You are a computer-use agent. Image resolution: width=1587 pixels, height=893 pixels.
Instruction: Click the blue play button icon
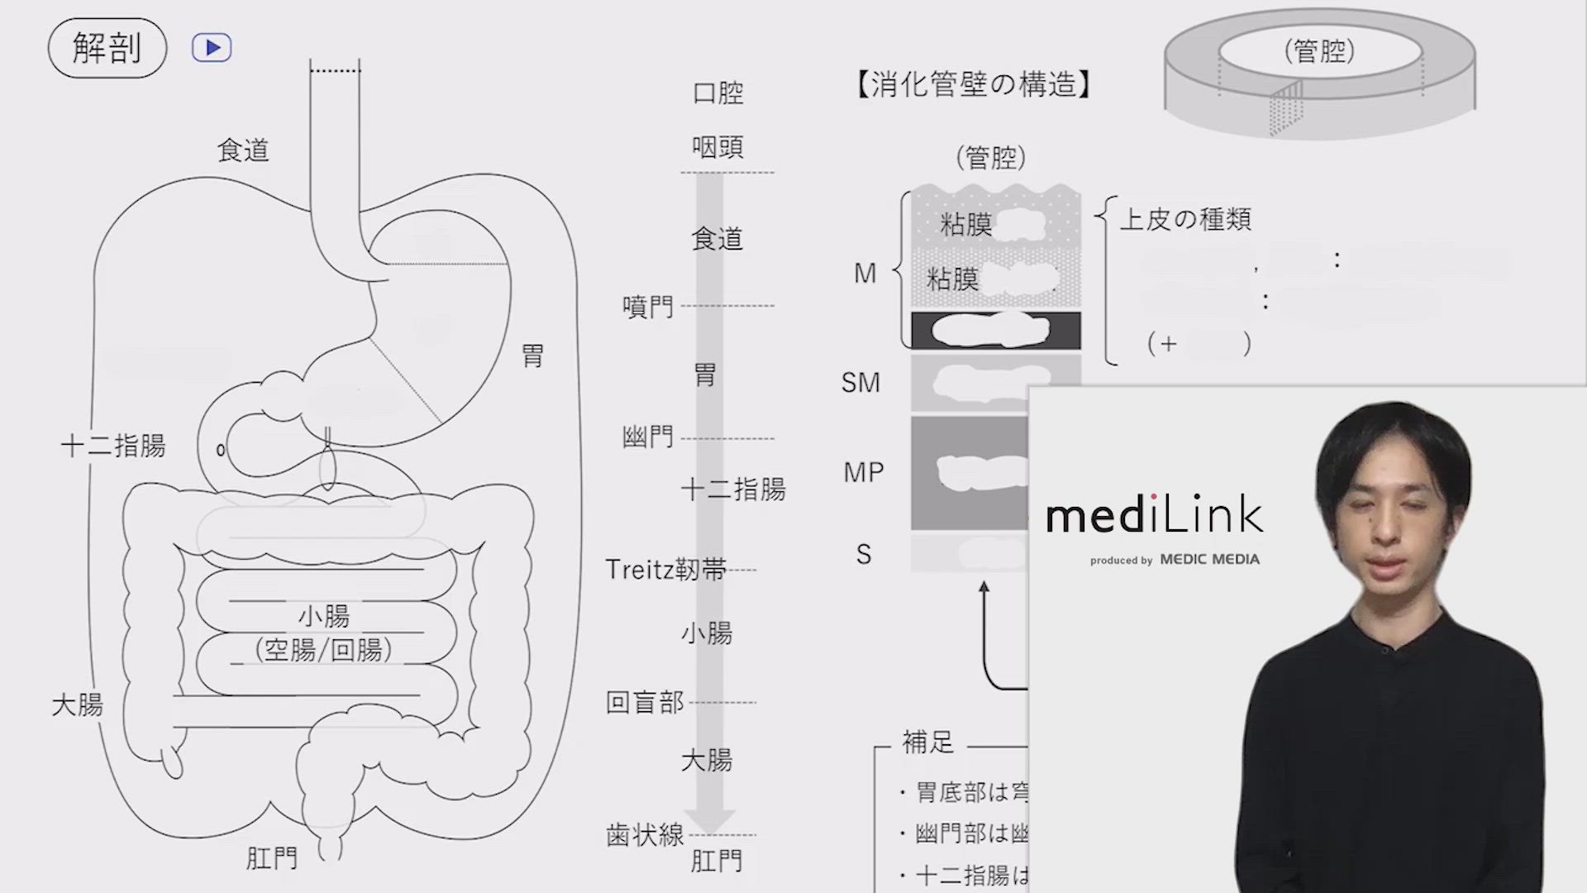(212, 48)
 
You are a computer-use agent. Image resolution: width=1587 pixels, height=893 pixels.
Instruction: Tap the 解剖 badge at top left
(107, 48)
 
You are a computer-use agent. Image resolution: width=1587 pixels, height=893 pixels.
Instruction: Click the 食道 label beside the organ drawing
(243, 150)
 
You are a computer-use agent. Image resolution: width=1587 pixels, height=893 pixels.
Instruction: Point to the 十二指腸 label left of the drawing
(113, 446)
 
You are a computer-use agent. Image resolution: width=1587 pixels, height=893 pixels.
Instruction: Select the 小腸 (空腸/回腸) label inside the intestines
(324, 633)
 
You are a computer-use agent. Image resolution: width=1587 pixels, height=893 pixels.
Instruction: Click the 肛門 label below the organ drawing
(272, 858)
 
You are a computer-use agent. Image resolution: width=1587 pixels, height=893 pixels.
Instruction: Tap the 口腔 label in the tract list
(717, 93)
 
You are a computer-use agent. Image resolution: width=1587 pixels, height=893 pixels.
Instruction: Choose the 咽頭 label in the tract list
(717, 147)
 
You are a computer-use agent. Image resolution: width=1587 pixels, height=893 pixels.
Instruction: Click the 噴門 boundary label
(648, 307)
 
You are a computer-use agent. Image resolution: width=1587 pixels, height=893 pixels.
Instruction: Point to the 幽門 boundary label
(648, 436)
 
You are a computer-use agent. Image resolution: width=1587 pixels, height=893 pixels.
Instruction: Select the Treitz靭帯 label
(666, 570)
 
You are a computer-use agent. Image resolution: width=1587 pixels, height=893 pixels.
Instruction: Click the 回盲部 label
(645, 702)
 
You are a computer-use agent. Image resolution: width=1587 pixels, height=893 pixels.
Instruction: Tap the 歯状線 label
(645, 835)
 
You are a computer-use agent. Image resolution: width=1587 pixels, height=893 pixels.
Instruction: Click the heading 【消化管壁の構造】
(974, 84)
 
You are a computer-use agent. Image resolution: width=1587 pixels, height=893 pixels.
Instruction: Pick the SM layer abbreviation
(860, 383)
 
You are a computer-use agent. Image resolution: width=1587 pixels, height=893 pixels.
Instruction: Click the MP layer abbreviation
(864, 472)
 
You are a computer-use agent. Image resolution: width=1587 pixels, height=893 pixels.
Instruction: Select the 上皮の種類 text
(1185, 219)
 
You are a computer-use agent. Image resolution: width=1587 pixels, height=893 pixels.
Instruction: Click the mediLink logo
(1154, 516)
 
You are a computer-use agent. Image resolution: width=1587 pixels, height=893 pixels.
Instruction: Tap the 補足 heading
(928, 742)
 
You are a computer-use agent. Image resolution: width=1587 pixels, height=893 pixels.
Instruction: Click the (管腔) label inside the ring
(1319, 51)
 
